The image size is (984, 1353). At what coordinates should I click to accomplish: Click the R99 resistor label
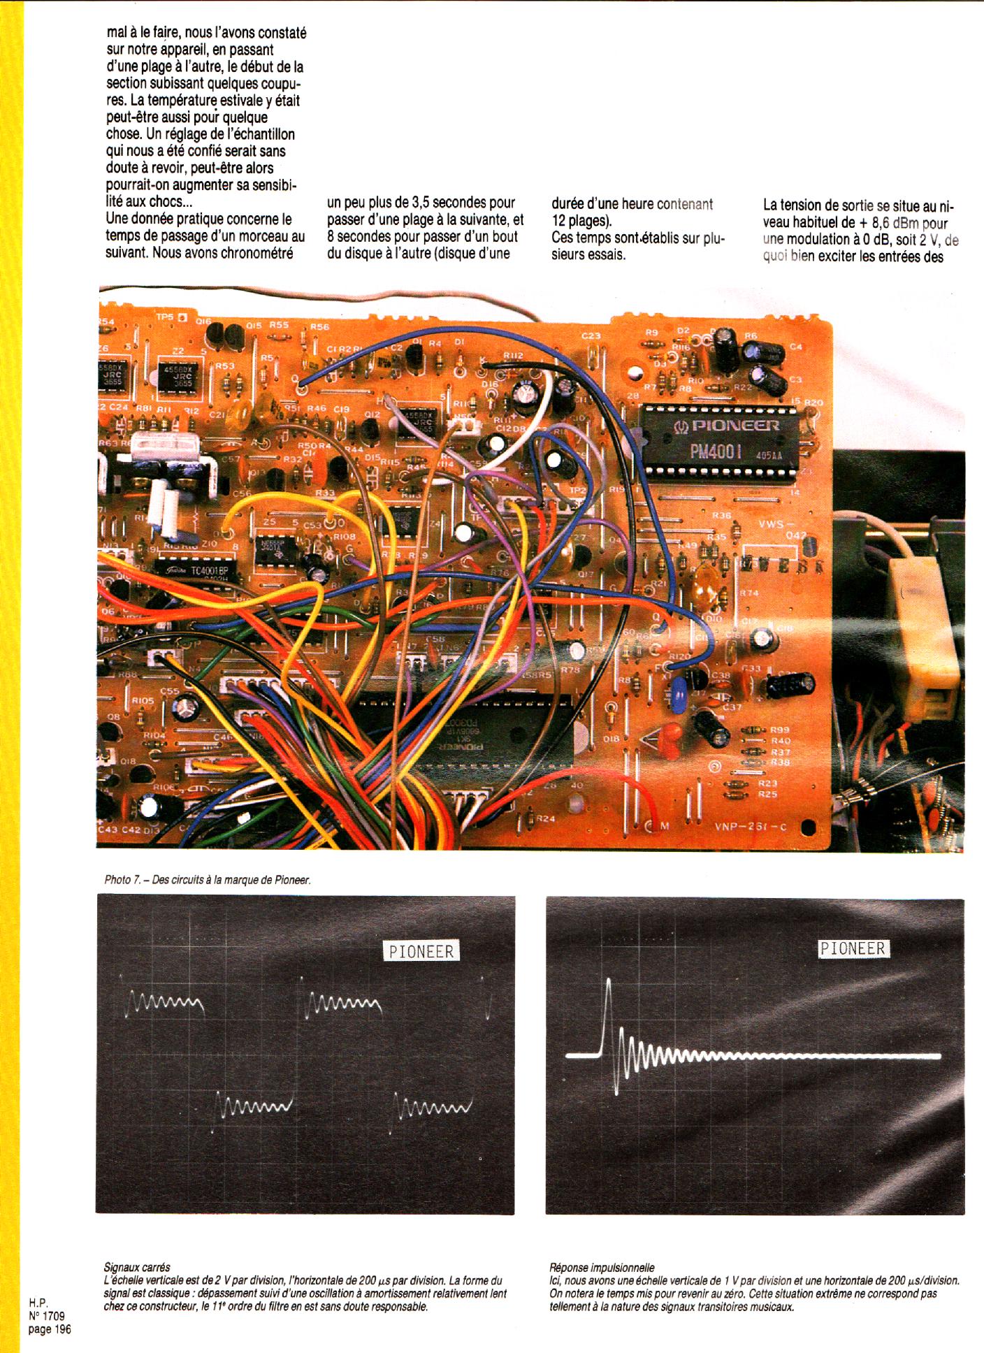click(780, 730)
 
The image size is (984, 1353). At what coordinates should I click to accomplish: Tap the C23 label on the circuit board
click(591, 335)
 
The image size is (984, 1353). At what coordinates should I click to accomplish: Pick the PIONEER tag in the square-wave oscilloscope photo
click(421, 951)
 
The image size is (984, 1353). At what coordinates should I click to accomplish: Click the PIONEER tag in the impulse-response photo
click(853, 948)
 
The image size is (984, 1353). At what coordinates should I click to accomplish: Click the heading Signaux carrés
click(136, 1267)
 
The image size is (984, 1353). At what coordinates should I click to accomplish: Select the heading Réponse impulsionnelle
click(602, 1267)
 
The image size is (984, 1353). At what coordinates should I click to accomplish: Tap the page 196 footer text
click(50, 1329)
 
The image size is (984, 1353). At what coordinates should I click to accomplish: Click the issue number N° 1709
click(48, 1316)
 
